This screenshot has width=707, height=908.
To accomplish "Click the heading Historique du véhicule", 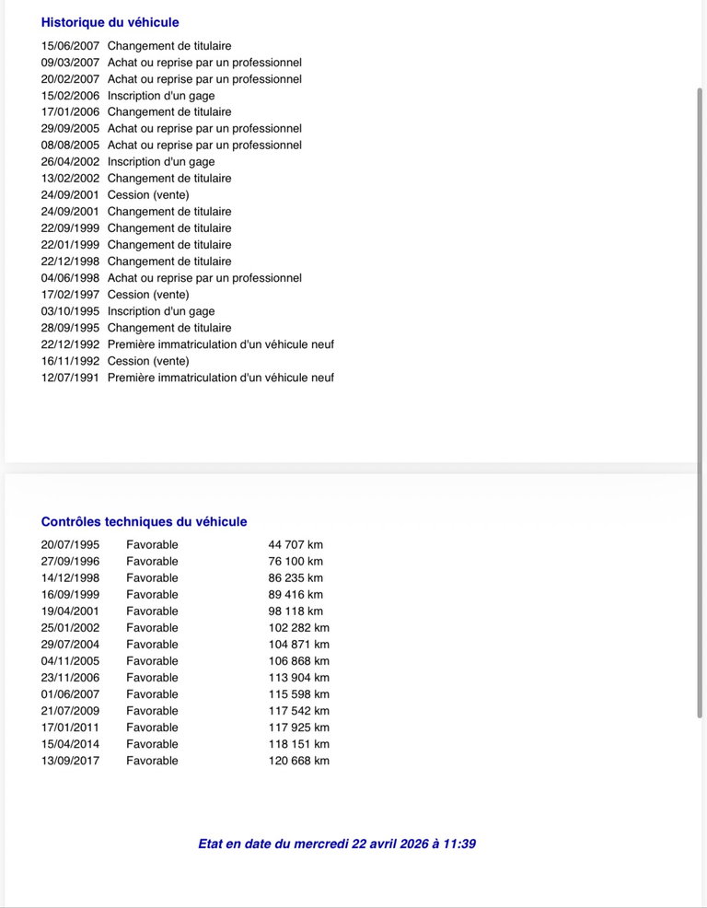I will click(x=110, y=22).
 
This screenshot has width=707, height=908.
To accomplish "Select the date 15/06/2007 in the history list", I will click(x=70, y=46).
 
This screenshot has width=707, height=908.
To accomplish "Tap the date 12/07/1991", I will click(x=70, y=378).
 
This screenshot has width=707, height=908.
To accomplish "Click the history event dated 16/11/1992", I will click(x=148, y=361).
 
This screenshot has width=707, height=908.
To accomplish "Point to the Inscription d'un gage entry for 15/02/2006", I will click(x=161, y=96).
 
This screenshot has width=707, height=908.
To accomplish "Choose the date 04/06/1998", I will click(x=70, y=278).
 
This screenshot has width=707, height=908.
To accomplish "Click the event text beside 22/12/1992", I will click(x=221, y=344).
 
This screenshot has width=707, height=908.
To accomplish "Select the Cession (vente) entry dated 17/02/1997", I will click(x=148, y=295).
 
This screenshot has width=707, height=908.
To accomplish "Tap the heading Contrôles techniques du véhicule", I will click(x=144, y=521).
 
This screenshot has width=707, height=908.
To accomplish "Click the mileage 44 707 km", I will click(x=296, y=545).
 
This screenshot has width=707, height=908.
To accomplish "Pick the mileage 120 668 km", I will click(x=298, y=761).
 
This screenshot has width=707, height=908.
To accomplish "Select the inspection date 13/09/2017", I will click(x=70, y=761).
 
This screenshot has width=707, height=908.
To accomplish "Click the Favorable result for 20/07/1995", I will click(x=152, y=545).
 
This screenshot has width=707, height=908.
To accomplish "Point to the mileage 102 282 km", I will click(x=298, y=628).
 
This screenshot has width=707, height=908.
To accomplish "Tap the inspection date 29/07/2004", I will click(x=70, y=645).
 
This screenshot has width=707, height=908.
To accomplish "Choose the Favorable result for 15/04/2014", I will click(x=152, y=744).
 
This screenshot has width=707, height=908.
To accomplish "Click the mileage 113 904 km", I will click(x=298, y=678).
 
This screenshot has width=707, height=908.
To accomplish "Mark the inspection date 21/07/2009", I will click(x=70, y=711).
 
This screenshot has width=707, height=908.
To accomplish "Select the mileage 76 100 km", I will click(x=296, y=562).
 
